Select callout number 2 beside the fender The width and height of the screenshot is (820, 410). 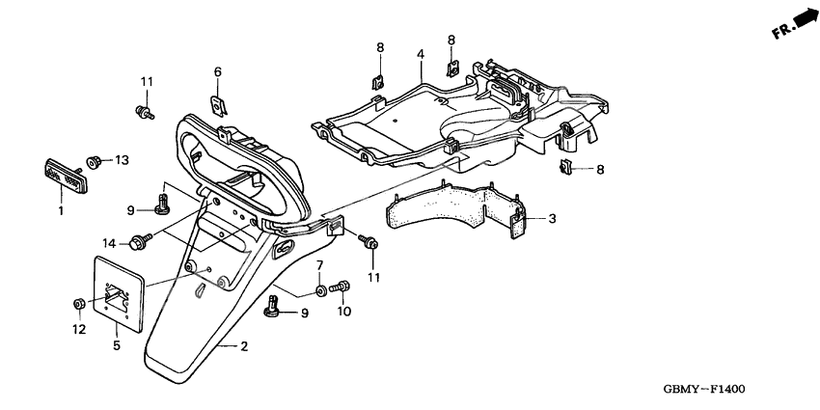pyautogui.click(x=245, y=345)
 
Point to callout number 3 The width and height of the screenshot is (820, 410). pyautogui.click(x=553, y=219)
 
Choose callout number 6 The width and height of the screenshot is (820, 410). pyautogui.click(x=217, y=71)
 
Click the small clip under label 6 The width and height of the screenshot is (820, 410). pyautogui.click(x=219, y=101)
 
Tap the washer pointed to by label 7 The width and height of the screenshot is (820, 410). pyautogui.click(x=319, y=289)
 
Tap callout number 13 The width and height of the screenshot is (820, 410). pyautogui.click(x=122, y=159)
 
